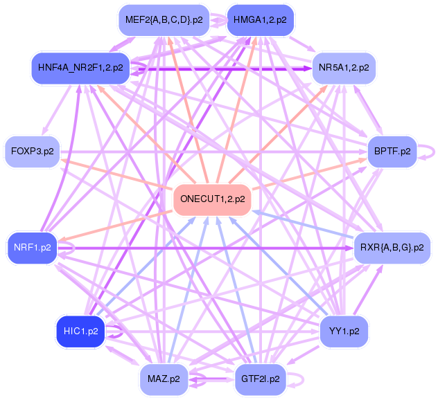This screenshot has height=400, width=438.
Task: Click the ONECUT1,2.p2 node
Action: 212,200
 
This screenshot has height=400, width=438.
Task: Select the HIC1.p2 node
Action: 80,331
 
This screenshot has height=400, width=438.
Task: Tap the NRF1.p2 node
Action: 33,248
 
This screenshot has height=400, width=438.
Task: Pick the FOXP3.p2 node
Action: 33,152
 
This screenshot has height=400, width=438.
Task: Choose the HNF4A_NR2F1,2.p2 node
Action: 80,68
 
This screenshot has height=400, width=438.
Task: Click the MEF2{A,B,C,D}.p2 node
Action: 164,20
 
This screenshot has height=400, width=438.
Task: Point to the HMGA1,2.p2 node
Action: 260,20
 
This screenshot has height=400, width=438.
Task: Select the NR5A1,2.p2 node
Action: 344,68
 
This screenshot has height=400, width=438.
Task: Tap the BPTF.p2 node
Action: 392,152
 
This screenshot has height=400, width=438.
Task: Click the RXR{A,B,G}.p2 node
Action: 392,248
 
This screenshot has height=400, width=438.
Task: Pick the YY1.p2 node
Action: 344,331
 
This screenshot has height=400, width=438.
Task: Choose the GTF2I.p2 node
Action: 261,379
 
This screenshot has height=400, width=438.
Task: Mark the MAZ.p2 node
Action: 164,379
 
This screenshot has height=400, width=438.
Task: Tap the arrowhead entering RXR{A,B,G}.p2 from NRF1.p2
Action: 350,248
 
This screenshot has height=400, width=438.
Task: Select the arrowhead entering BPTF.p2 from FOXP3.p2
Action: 364,152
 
